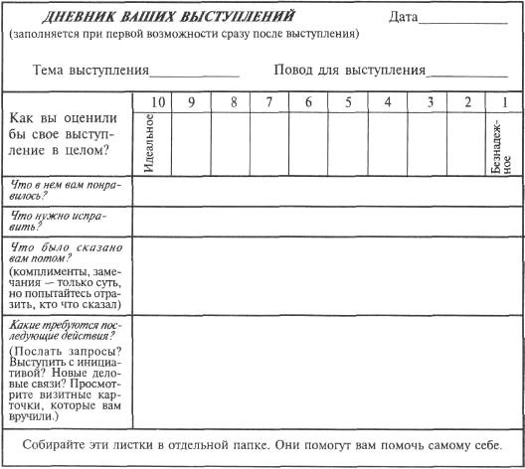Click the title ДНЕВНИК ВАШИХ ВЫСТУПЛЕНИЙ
[155, 18]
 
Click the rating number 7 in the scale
[268, 102]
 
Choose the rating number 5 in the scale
[347, 102]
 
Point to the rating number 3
[426, 102]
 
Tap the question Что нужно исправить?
[49, 221]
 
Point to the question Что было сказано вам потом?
[61, 248]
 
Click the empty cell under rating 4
[387, 143]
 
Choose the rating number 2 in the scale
[466, 102]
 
